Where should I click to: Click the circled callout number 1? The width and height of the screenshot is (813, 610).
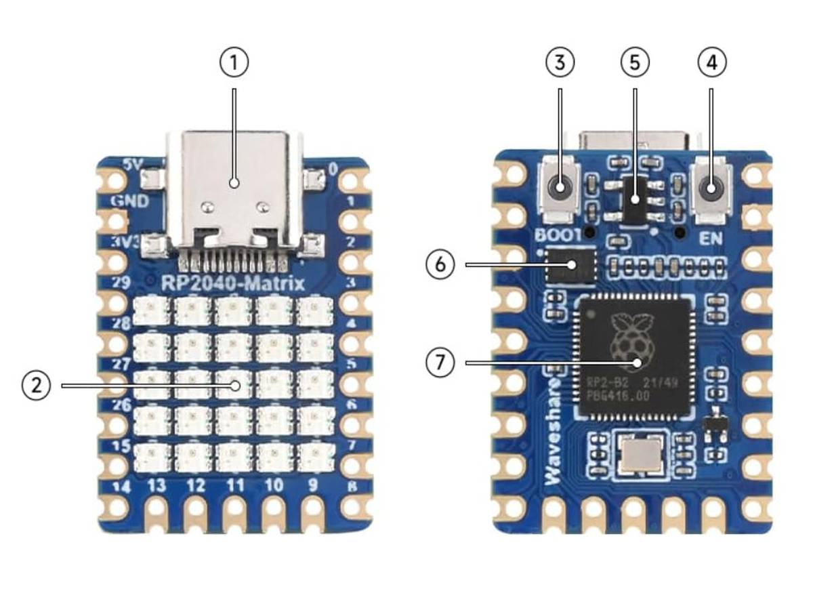[234, 62]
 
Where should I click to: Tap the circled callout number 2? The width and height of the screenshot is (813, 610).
[36, 386]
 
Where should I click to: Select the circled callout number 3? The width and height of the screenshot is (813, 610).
[560, 62]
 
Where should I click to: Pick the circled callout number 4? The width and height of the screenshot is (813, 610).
[711, 62]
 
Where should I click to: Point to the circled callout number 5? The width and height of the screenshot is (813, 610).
[635, 62]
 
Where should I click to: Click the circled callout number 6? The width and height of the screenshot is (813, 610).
[440, 264]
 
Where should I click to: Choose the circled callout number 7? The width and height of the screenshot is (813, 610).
[440, 363]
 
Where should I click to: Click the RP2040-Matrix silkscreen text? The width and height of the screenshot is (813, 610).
[234, 283]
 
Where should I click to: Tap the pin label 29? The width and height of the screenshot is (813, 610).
[121, 283]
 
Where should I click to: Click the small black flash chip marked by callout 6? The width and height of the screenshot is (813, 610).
[571, 266]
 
